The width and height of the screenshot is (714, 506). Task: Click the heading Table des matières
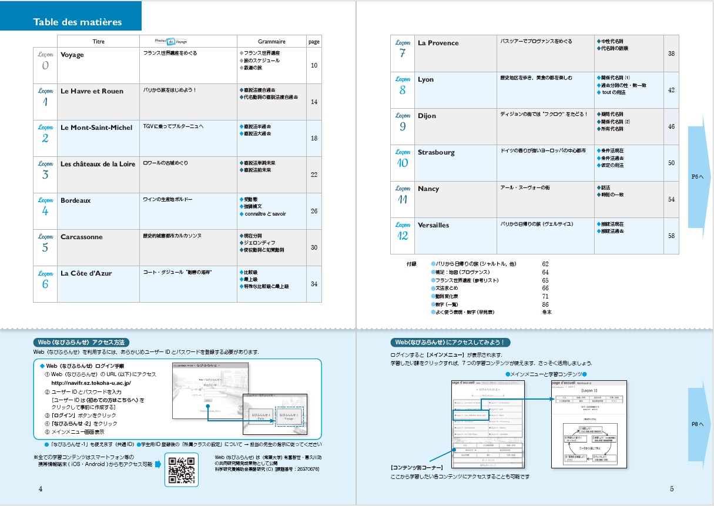[x=78, y=22]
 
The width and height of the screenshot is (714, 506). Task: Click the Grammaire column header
[x=271, y=42]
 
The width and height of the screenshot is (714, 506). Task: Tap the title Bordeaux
[x=76, y=200]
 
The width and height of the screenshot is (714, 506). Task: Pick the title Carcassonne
[x=82, y=237]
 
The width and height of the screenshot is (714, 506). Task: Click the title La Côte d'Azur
[x=86, y=273]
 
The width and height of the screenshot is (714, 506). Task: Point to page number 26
[x=314, y=211]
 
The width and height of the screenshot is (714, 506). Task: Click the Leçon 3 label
[x=45, y=170]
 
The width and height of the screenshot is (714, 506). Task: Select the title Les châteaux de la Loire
[x=98, y=164]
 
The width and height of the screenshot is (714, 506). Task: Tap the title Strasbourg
[x=436, y=152]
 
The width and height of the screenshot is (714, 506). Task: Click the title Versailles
[x=433, y=225]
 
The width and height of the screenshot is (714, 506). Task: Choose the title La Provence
[x=438, y=43]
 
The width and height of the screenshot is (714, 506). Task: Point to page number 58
[x=671, y=236]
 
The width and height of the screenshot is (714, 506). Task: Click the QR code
[x=182, y=469]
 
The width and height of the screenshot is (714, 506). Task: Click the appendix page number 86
[x=545, y=304]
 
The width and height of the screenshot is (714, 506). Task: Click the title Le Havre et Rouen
[x=92, y=91]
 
